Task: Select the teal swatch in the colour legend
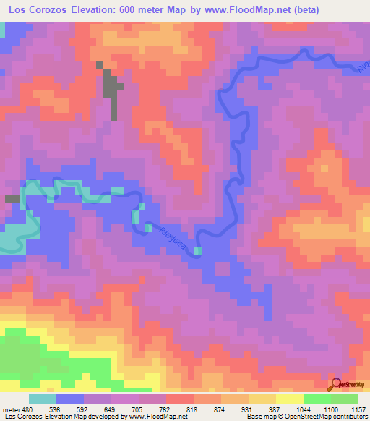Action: coord(43,399)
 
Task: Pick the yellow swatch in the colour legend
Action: coord(289,399)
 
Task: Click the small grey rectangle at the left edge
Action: coord(12,198)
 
